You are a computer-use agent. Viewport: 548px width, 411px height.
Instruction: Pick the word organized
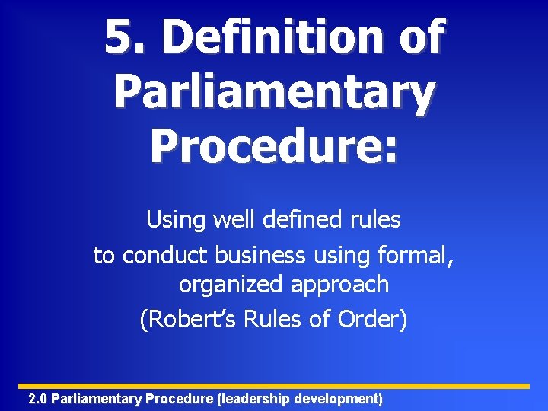(231, 285)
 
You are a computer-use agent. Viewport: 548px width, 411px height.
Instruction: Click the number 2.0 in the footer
(37, 399)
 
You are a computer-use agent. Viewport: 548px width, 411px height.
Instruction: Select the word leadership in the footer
(255, 399)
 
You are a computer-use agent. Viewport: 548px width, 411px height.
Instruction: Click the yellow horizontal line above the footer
(274, 386)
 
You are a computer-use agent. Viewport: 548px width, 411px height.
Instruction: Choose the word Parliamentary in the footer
(97, 399)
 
